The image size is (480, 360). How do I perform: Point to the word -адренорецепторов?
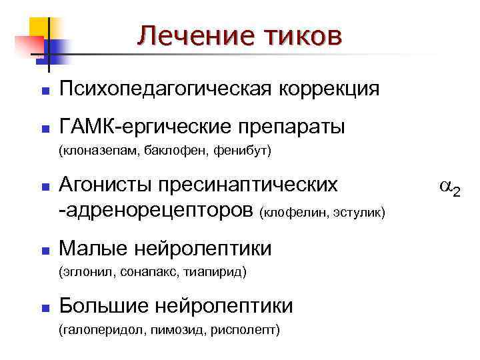click(157, 211)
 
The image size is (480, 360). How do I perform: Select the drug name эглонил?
click(83, 272)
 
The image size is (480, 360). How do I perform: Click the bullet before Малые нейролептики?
click(45, 251)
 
